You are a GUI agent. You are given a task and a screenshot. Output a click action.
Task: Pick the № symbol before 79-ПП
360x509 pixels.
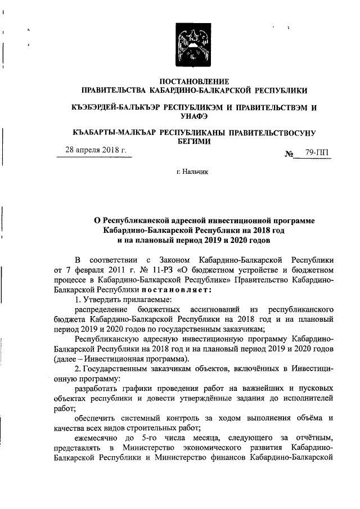click(291, 153)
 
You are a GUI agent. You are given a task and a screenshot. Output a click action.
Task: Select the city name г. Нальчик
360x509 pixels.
click(193, 174)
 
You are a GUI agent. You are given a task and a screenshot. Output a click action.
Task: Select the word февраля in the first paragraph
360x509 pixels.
click(89, 270)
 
